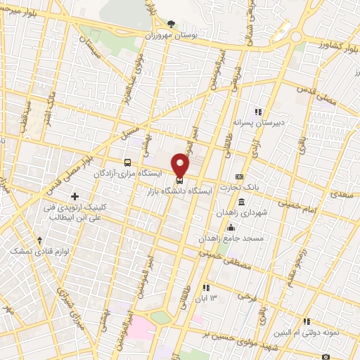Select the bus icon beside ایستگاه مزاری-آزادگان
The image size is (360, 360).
[127, 161]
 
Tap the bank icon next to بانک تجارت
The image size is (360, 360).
[240, 176]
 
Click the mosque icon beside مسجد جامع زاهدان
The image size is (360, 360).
[231, 227]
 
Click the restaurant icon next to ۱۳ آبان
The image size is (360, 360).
[206, 287]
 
